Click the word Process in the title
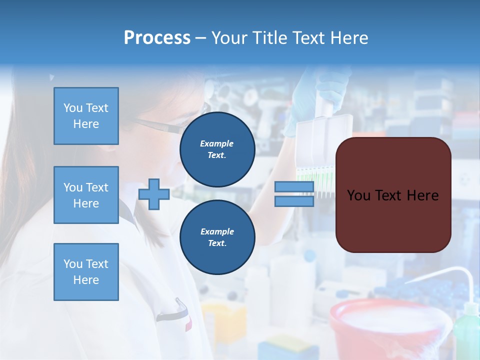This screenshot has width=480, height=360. [157, 38]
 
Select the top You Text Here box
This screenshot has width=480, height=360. [86, 116]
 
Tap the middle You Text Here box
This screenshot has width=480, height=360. [86, 195]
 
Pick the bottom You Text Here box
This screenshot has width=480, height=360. [86, 272]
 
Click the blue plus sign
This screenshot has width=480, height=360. [154, 194]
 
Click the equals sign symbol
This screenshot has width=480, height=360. [294, 194]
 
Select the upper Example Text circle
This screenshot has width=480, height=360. [217, 149]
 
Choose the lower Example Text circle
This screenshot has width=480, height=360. [217, 237]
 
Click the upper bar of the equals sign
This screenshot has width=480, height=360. [294, 187]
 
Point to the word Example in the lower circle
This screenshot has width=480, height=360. [217, 231]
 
